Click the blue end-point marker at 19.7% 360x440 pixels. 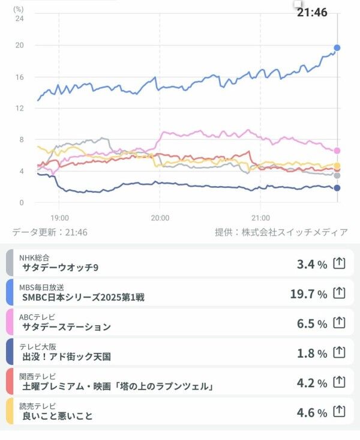pos(337,47)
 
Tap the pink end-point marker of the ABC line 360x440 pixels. pos(337,151)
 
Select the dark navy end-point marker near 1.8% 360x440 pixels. pos(337,188)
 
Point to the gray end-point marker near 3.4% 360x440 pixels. pos(337,175)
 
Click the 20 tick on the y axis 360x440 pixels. pos(19,46)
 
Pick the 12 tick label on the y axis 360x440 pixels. pos(19,109)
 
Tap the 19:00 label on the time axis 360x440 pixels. pos(59,217)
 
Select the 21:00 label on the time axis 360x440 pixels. pos(260,217)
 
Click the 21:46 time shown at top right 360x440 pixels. pos(312,12)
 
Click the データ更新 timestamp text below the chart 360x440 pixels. pos(50,232)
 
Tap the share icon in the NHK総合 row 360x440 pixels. pos(340,263)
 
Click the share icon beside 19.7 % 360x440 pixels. pos(340,293)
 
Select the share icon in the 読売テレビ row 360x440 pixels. pos(340,411)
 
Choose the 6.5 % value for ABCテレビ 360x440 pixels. pos(312,323)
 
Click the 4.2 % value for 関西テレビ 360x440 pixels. pos(312,382)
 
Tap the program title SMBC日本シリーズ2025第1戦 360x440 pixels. pos(83,297)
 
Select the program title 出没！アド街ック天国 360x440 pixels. pos(67,356)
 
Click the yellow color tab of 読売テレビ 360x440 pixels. pos(10,411)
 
